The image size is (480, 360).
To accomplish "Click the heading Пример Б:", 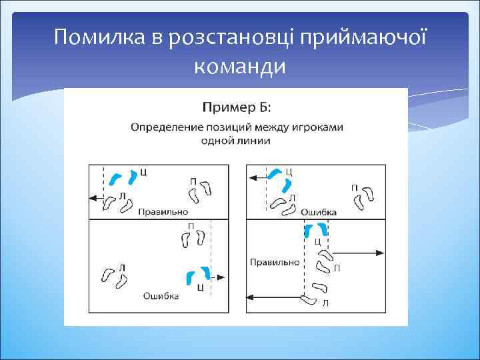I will [236, 107].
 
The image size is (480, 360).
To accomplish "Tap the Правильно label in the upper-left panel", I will [163, 212].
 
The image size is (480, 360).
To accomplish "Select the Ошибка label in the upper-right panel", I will [319, 212].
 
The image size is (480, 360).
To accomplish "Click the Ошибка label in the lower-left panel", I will [161, 297].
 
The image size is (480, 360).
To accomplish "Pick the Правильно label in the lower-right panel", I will [274, 262].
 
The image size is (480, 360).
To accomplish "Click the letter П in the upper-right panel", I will [354, 187].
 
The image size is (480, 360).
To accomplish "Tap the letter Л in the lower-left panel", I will [121, 267].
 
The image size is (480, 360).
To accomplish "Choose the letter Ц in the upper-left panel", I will [144, 172].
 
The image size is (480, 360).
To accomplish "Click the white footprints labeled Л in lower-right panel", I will [313, 294].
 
